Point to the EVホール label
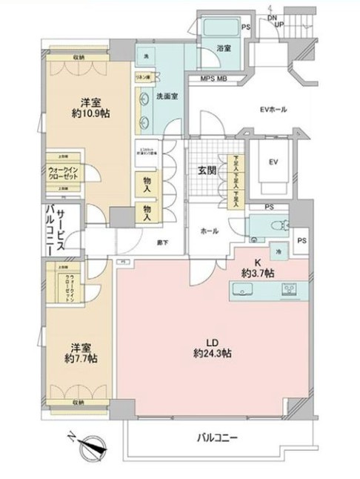(273, 110)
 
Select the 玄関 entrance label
(207, 170)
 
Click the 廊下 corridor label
(161, 242)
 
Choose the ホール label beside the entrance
(208, 231)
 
